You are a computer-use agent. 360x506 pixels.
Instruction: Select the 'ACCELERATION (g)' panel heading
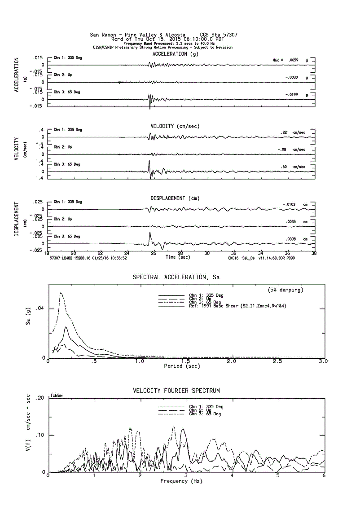point(175,54)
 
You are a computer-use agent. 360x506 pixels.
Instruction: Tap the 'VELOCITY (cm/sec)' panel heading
point(175,126)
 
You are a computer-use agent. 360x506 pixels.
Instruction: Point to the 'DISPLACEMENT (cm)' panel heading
point(175,198)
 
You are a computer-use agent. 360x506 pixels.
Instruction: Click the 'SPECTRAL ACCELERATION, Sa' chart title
point(176,277)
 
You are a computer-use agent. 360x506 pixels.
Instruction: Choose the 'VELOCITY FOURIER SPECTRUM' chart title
point(176,391)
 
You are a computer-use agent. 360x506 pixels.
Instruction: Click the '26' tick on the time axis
point(154,253)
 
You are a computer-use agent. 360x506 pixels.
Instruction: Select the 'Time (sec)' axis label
point(176,257)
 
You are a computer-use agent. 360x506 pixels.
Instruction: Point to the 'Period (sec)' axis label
point(182,366)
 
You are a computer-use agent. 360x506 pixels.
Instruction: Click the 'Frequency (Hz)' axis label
point(181,481)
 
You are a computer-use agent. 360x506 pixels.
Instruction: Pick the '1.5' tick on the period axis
point(185,361)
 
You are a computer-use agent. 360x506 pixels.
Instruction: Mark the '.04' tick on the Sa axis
point(40,308)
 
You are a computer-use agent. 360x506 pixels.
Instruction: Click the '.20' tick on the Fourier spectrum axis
point(40,398)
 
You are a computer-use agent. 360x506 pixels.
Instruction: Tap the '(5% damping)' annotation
point(285,290)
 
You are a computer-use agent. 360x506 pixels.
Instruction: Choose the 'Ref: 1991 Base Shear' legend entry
point(237,306)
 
